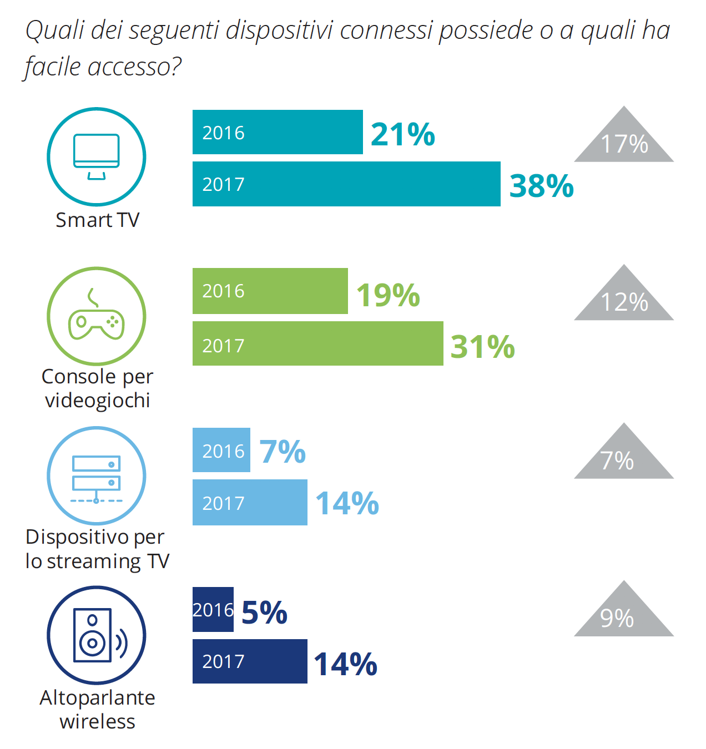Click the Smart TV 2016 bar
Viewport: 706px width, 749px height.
click(x=278, y=132)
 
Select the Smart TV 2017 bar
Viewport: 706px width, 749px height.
click(x=346, y=184)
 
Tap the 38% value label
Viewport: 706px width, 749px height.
click(x=541, y=186)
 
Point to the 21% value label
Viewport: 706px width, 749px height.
click(x=402, y=134)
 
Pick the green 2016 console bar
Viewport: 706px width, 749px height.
click(x=270, y=291)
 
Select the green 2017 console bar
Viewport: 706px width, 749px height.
click(x=317, y=343)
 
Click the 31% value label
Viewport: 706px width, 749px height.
click(x=482, y=347)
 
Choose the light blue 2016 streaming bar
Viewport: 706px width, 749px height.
click(x=221, y=450)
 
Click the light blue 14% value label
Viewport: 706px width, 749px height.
click(x=347, y=503)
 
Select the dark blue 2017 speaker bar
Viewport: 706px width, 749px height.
click(x=250, y=661)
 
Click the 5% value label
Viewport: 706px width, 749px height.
click(x=264, y=613)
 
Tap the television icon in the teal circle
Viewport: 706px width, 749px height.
click(x=97, y=156)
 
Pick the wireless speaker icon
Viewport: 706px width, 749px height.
click(x=98, y=635)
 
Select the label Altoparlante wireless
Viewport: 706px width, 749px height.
click(x=97, y=709)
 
